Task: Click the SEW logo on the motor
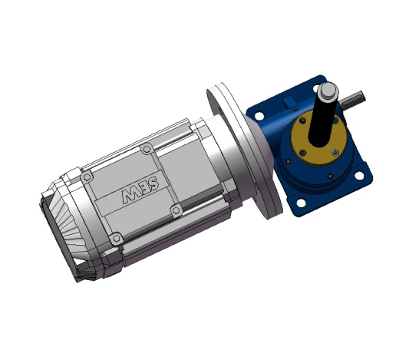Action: tap(140, 190)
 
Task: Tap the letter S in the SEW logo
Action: tap(154, 183)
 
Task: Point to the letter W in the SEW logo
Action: tap(129, 196)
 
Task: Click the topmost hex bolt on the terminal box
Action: tap(147, 149)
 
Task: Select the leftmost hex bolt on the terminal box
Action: tap(87, 177)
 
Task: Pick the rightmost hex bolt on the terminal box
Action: tap(176, 211)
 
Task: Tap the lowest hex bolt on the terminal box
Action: tap(116, 239)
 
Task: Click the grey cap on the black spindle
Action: tap(328, 91)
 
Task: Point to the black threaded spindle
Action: tap(322, 121)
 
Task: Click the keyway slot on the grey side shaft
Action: tap(353, 97)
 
